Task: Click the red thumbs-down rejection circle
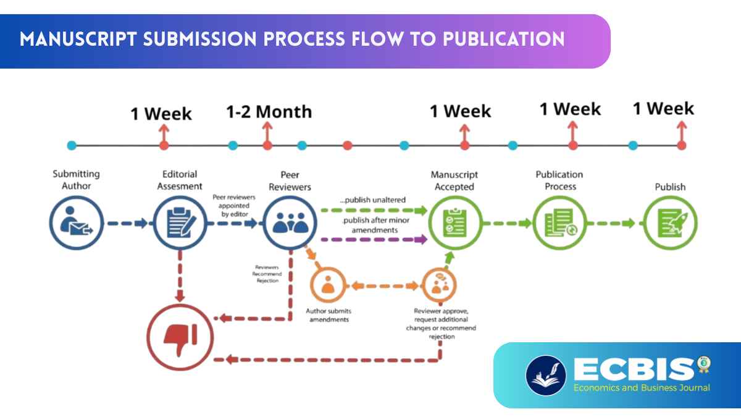click(180, 337)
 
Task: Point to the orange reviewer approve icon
click(440, 285)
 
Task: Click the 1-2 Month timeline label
click(269, 112)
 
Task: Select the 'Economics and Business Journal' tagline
click(642, 388)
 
